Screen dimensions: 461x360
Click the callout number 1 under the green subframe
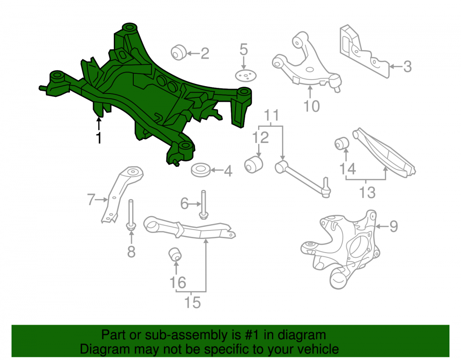pos(99,137)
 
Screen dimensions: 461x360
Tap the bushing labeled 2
pos(178,53)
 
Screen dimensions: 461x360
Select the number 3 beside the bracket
pos(407,67)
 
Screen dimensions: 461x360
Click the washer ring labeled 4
pos(201,170)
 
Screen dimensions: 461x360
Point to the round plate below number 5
pos(246,76)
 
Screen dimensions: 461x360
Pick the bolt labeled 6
pos(203,205)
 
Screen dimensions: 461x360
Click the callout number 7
pos(91,200)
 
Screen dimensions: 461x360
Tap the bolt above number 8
pos(131,215)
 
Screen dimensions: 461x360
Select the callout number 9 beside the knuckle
pos(394,226)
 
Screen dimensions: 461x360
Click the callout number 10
pos(311,106)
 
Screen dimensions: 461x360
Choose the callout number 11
pos(271,115)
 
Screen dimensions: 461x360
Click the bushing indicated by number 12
pos(254,164)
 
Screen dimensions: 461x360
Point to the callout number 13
pos(367,193)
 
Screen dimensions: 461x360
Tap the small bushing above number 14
pos(342,144)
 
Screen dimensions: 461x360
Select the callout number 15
pos(193,303)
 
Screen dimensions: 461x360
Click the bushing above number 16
pos(175,254)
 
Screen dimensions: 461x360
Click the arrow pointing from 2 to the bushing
pos(193,53)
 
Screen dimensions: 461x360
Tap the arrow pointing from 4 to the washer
pos(217,170)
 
